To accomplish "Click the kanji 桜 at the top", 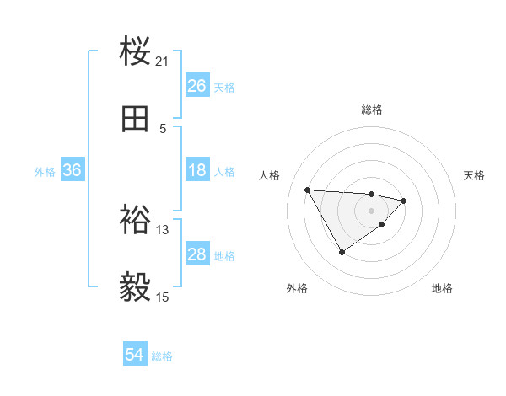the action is pos(137,52).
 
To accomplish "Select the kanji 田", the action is pos(137,120).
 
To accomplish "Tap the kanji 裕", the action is pos(137,221).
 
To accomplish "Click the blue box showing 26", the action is pos(196,86).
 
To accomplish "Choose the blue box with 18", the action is pos(196,170).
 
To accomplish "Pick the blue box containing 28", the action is pos(196,254).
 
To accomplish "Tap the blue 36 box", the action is pos(72,170).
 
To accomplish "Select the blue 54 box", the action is pos(134,356).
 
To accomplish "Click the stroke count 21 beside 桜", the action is pos(163,62).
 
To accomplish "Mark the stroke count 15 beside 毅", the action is pos(163,297).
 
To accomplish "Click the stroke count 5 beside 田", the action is pos(163,129).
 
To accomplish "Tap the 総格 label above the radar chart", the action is pos(372,110).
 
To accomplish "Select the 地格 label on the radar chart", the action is pos(442,289).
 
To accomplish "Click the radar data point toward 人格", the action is pos(307,189).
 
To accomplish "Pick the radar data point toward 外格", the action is pos(342,252).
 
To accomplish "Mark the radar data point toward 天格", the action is pos(404,201).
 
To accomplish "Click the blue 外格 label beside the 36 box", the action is pos(45,171).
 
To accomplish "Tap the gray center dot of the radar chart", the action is pos(372,211).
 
